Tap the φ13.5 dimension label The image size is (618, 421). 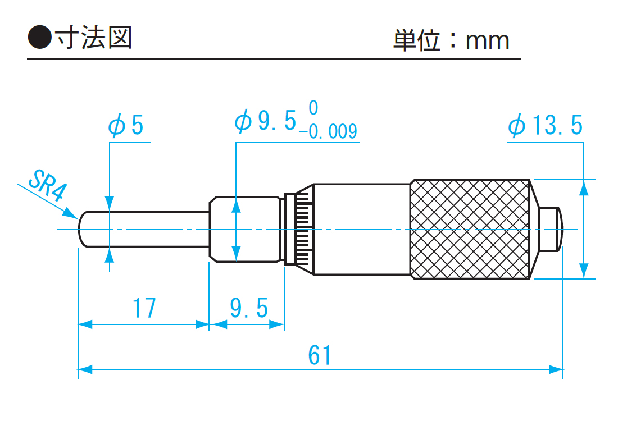pyautogui.click(x=545, y=126)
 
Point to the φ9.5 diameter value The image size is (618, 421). pyautogui.click(x=265, y=122)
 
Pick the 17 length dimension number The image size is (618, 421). pyautogui.click(x=144, y=308)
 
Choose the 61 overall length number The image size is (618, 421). pyautogui.click(x=320, y=355)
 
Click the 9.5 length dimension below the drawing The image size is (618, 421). pyautogui.click(x=248, y=308)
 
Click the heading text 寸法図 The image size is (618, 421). pyautogui.click(x=92, y=38)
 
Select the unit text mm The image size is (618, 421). pyautogui.click(x=487, y=40)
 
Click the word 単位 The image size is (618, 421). pyautogui.click(x=416, y=40)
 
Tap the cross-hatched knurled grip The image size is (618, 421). pyautogui.click(x=470, y=230)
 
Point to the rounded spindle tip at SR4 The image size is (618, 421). pyautogui.click(x=82, y=230)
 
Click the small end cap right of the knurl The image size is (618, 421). pyautogui.click(x=550, y=229)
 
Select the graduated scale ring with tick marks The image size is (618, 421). pyautogui.click(x=299, y=229)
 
